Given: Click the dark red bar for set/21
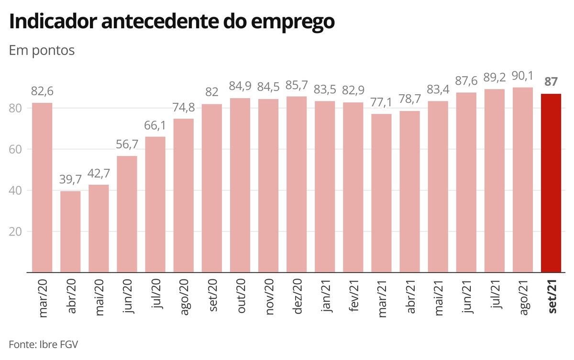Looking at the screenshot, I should [x=551, y=183].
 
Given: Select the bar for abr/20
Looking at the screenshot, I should [x=70, y=232].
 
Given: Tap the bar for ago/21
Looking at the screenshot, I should [x=523, y=180].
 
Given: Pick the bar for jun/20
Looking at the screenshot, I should [x=127, y=214].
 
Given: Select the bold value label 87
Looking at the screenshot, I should [x=551, y=81].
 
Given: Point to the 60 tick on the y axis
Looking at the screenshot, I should [x=16, y=149].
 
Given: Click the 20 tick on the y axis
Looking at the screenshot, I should [x=16, y=232].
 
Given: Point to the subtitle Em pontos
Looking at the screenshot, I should [x=42, y=50].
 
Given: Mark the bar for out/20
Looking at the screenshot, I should [x=240, y=185].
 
